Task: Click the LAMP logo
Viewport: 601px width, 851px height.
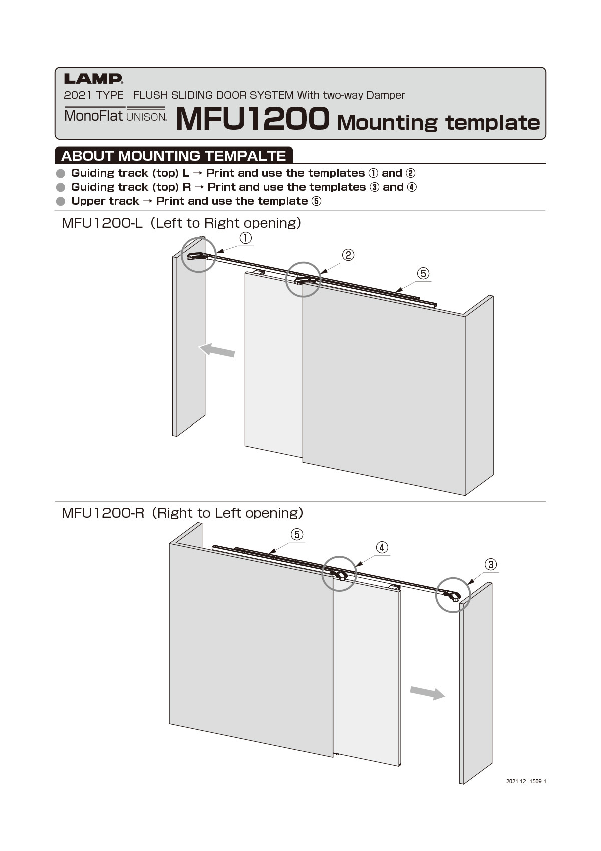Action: coord(93,79)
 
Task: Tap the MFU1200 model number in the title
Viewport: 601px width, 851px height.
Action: coord(252,119)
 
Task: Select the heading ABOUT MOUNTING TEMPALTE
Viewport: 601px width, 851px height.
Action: coord(173,156)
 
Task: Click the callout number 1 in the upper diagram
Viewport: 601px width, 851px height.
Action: coord(245,238)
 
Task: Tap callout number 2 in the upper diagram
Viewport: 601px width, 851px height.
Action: coord(348,255)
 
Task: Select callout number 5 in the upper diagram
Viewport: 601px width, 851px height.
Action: coord(423,273)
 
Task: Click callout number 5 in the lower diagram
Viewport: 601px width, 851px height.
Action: coord(297,534)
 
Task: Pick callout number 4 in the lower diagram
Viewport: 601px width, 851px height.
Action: coord(382,547)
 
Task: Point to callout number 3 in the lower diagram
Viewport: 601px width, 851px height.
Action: coord(491,564)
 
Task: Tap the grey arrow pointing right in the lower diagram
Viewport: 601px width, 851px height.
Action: coord(427,693)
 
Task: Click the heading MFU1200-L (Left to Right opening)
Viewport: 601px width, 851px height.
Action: coord(181,223)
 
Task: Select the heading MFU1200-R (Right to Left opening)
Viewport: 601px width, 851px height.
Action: coord(182,513)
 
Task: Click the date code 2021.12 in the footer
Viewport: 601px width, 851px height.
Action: coord(516,781)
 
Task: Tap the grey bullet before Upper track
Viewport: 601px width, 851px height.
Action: coord(61,201)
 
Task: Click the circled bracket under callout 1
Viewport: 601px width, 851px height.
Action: coord(198,255)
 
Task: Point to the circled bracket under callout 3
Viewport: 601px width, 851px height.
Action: coord(453,595)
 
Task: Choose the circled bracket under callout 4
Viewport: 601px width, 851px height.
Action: coord(339,574)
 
